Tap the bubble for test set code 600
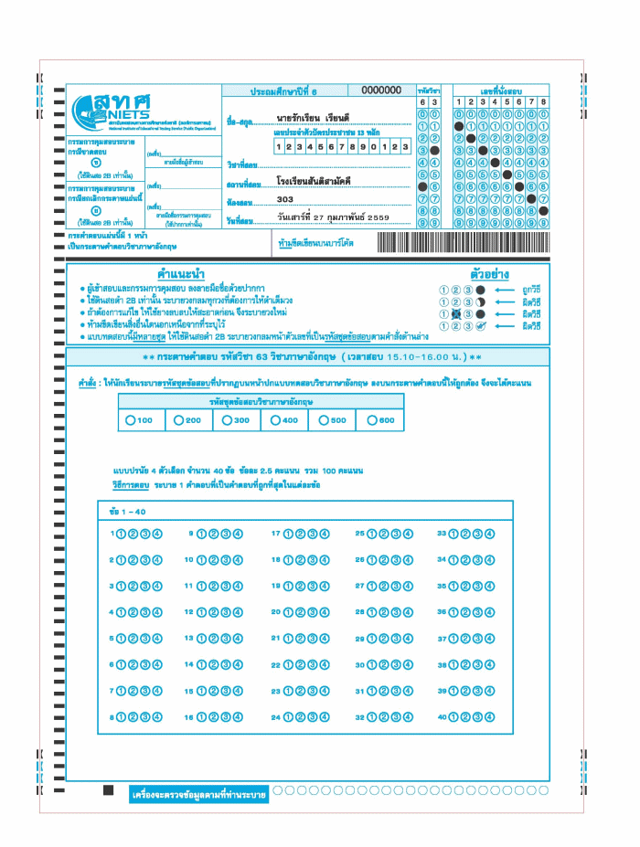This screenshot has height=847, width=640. [373, 420]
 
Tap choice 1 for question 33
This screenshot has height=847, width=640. [453, 534]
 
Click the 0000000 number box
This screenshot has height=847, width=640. [381, 90]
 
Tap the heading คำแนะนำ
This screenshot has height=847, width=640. [180, 273]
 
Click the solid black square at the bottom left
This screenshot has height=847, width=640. [108, 789]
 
